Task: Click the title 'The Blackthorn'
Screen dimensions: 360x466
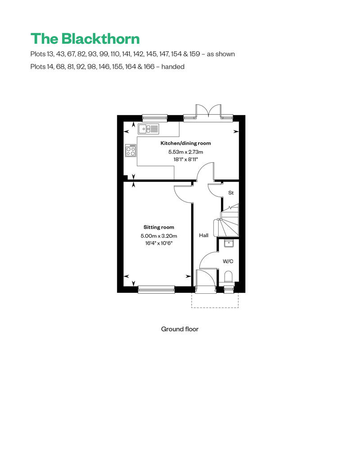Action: pyautogui.click(x=85, y=39)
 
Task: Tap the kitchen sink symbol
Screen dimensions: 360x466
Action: pyautogui.click(x=148, y=129)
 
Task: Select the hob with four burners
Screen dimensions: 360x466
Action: pyautogui.click(x=131, y=150)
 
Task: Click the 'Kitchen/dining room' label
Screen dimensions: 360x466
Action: pyautogui.click(x=185, y=143)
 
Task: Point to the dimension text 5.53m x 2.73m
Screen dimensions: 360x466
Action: pyautogui.click(x=185, y=152)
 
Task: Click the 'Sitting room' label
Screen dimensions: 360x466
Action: pyautogui.click(x=159, y=227)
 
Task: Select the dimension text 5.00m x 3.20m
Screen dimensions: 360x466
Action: pyautogui.click(x=159, y=236)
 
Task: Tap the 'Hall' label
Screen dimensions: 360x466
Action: pyautogui.click(x=204, y=235)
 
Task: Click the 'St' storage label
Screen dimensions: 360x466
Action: pyautogui.click(x=231, y=193)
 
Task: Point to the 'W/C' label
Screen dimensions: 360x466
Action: pyautogui.click(x=228, y=261)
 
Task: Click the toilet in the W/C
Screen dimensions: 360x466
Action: pyautogui.click(x=229, y=277)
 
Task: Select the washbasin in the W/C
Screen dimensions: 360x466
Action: pyautogui.click(x=229, y=244)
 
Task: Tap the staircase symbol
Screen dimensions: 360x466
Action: pyautogui.click(x=229, y=220)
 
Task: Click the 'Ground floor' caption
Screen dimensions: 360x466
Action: pyautogui.click(x=180, y=329)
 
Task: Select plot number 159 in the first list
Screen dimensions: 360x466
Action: pyautogui.click(x=195, y=54)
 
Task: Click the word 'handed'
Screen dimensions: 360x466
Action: pyautogui.click(x=173, y=67)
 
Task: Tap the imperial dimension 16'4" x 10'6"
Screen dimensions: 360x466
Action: pyautogui.click(x=159, y=243)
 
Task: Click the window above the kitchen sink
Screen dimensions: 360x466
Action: pyautogui.click(x=155, y=118)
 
